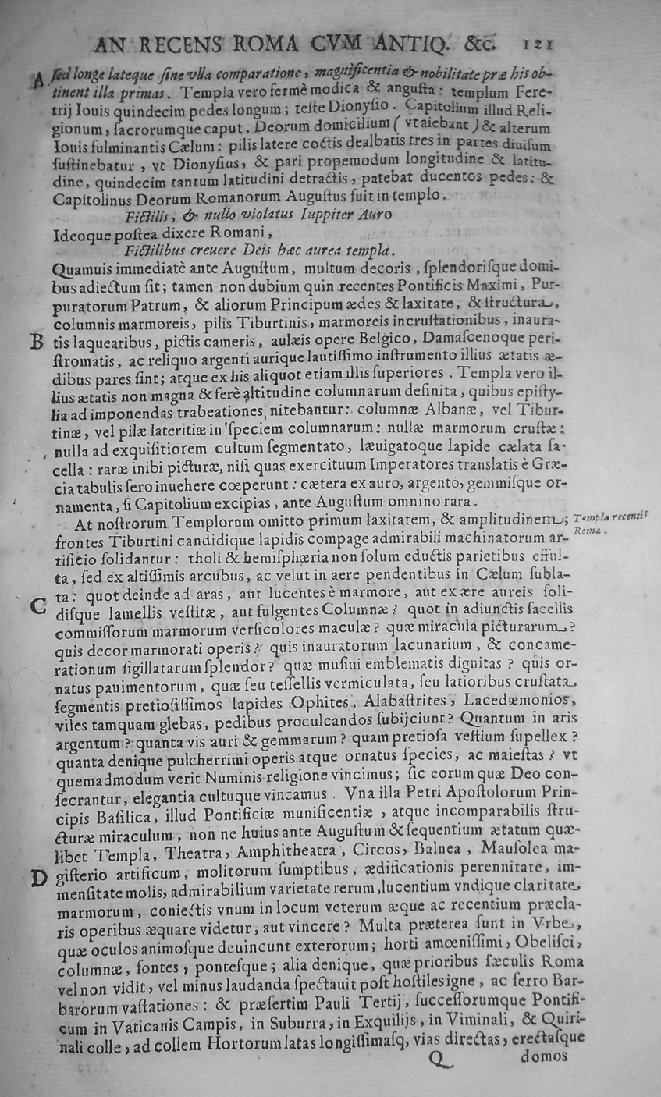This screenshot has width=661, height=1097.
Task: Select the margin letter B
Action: tap(34, 343)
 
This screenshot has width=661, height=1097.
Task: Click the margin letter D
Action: tap(37, 879)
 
